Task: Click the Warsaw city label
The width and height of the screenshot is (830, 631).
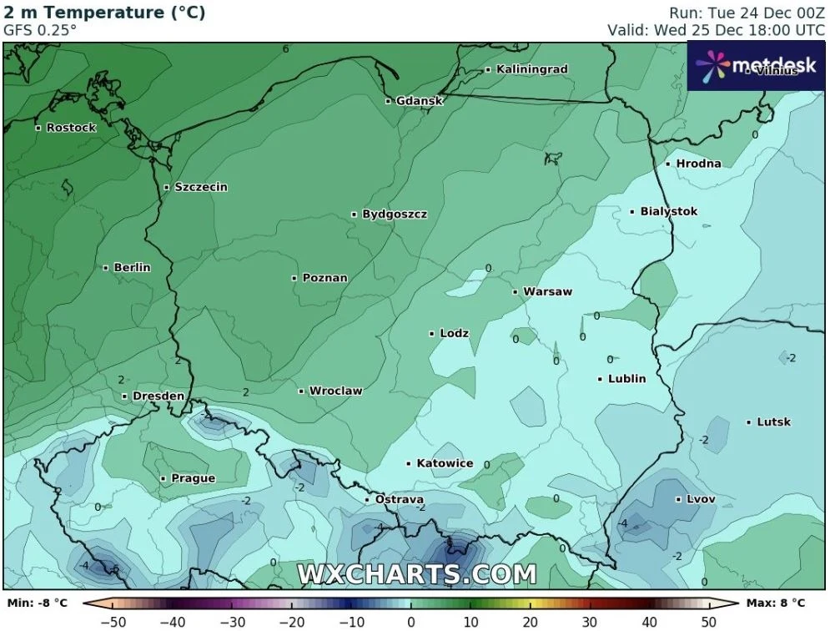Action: click(547, 292)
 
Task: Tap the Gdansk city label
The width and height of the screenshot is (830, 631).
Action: click(419, 101)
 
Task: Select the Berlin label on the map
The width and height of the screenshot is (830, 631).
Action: click(132, 268)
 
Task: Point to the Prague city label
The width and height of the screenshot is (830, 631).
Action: click(193, 479)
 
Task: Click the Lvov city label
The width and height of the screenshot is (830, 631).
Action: click(700, 500)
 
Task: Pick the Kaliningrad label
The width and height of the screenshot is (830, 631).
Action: click(531, 69)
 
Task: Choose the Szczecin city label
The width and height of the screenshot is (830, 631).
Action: click(200, 188)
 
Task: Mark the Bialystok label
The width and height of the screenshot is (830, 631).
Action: click(668, 212)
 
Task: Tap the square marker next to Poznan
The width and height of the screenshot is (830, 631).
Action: click(294, 278)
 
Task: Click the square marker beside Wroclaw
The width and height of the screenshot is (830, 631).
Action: click(301, 391)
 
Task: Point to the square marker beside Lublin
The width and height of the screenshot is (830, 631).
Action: click(601, 379)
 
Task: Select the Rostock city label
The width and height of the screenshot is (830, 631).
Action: click(71, 128)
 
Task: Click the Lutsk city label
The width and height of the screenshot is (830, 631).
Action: click(773, 422)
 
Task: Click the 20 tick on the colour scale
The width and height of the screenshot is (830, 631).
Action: click(530, 622)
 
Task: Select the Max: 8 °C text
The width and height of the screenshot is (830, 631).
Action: click(774, 603)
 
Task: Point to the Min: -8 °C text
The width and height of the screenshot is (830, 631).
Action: click(38, 603)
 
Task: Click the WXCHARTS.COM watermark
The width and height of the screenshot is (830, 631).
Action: click(416, 574)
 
